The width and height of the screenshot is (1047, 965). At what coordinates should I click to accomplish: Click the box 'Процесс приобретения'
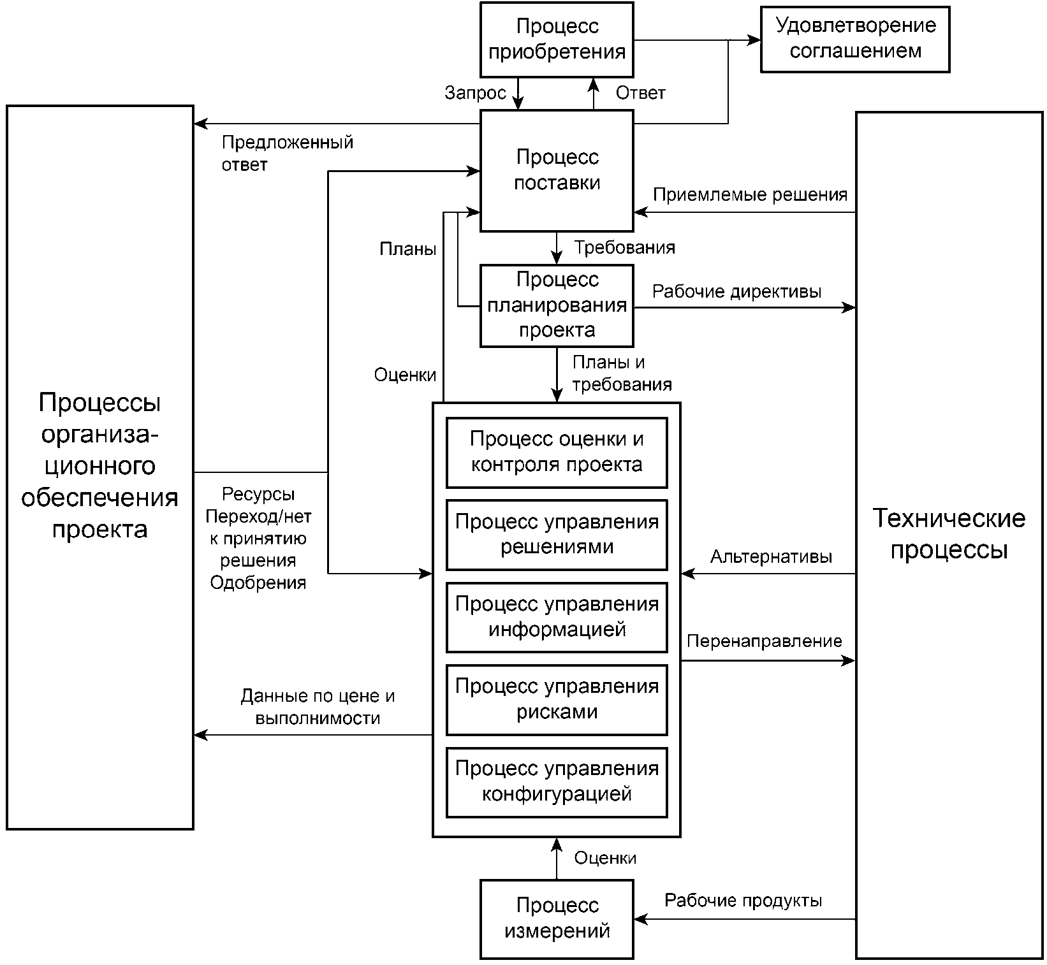pyautogui.click(x=557, y=40)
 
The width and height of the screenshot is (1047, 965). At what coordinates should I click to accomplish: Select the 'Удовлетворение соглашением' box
pyautogui.click(x=855, y=39)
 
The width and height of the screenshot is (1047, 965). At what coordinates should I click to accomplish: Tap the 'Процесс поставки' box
pyautogui.click(x=557, y=171)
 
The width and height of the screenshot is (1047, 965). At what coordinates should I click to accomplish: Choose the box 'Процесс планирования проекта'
pyautogui.click(x=557, y=305)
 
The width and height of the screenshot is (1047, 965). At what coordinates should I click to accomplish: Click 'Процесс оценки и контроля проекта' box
pyautogui.click(x=557, y=453)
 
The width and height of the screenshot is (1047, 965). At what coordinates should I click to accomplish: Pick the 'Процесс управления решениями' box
pyautogui.click(x=557, y=535)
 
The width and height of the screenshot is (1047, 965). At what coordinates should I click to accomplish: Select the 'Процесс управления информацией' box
pyautogui.click(x=557, y=617)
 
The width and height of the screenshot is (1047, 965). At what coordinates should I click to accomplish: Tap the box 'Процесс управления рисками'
pyautogui.click(x=557, y=699)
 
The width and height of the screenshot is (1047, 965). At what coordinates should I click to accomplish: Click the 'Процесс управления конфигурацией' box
pyautogui.click(x=557, y=782)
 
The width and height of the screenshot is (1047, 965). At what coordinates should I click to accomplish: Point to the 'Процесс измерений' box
pyautogui.click(x=557, y=919)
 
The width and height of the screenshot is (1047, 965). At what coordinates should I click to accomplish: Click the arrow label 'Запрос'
pyautogui.click(x=475, y=94)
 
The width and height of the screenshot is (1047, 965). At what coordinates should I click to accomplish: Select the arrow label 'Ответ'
pyautogui.click(x=640, y=93)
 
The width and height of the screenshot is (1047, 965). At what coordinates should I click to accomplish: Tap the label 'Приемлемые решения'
pyautogui.click(x=750, y=194)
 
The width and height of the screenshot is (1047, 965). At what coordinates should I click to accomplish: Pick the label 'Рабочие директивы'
pyautogui.click(x=736, y=292)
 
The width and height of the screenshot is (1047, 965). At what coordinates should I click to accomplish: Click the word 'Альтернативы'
pyautogui.click(x=771, y=557)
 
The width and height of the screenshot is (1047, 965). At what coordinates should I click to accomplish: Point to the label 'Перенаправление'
pyautogui.click(x=764, y=641)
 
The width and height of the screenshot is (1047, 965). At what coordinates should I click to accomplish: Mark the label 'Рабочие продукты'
pyautogui.click(x=743, y=901)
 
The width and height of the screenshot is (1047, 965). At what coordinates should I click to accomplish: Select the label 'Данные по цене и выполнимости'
pyautogui.click(x=318, y=707)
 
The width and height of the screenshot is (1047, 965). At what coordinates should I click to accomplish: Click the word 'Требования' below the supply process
pyautogui.click(x=624, y=247)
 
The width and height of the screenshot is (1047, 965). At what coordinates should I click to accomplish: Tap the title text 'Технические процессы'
pyautogui.click(x=949, y=533)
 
